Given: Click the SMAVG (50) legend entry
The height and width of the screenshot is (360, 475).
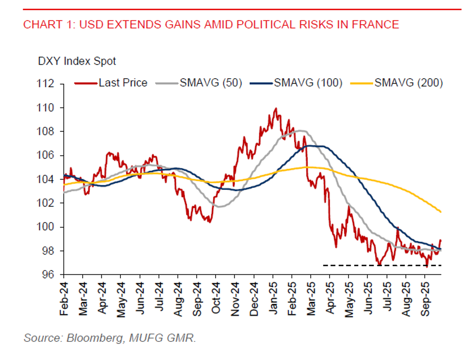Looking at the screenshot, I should [x=211, y=83].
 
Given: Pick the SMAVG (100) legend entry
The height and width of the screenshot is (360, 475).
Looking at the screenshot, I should [x=308, y=83].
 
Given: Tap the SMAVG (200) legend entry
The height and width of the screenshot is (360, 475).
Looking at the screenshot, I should [x=409, y=83].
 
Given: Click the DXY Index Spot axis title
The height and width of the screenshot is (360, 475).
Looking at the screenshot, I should [x=77, y=61].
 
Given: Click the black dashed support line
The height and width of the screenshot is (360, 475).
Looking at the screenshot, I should [x=381, y=265].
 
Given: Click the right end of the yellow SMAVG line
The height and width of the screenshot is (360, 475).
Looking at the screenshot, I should [x=440, y=212].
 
